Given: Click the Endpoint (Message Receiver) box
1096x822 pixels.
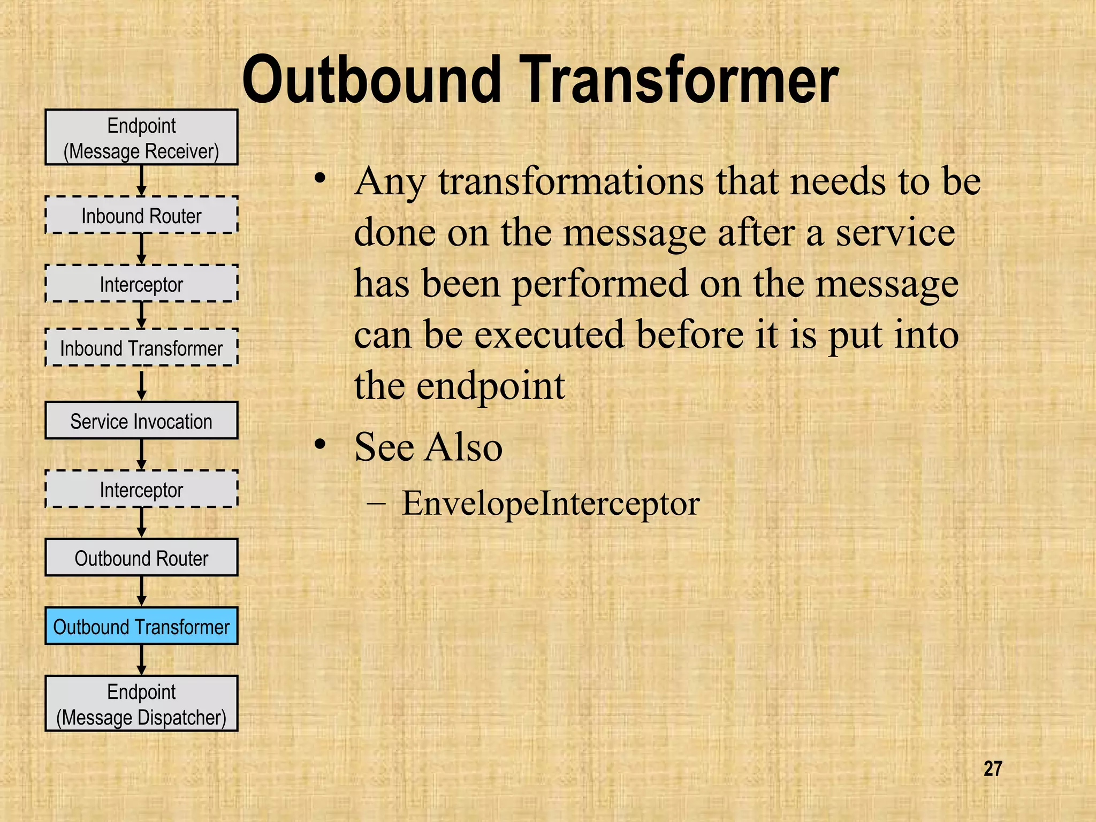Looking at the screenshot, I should (141, 138).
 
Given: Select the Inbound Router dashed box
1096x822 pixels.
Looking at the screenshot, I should (141, 215).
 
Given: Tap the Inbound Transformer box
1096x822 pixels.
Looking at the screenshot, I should (141, 348).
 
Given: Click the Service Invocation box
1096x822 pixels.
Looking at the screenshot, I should (141, 421).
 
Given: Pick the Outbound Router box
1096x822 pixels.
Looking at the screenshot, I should (141, 558).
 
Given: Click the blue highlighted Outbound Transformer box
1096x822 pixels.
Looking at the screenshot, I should (141, 626).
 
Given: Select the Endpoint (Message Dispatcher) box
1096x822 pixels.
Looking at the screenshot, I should (141, 704).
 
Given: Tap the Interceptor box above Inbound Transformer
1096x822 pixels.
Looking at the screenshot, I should (141, 284).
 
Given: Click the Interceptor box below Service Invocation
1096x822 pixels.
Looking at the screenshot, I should (141, 489).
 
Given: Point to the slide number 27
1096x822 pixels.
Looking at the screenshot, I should (993, 768).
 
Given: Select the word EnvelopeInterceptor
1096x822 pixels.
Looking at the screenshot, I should (551, 503).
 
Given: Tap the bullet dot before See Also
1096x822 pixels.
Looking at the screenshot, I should (320, 444).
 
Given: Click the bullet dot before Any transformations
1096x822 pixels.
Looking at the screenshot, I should (320, 179).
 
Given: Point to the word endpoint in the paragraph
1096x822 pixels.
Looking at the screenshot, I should (490, 385).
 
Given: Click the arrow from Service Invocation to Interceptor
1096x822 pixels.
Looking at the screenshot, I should (141, 454).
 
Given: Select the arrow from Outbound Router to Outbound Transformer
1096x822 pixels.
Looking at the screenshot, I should (141, 591).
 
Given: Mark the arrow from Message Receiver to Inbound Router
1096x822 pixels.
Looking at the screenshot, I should (141, 180).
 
